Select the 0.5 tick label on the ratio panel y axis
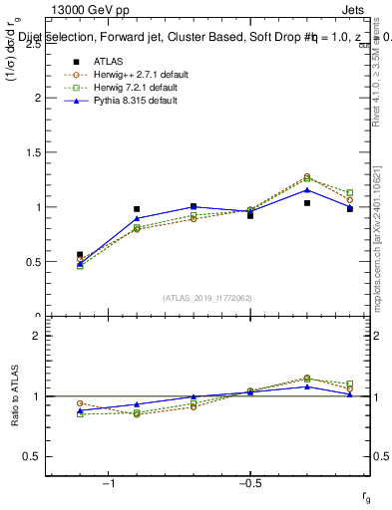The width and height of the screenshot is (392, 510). coord(32,456)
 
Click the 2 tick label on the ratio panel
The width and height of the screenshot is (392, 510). coord(36,336)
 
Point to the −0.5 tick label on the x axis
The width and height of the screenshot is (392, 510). coord(249,484)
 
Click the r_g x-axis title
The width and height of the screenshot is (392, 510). coord(366,495)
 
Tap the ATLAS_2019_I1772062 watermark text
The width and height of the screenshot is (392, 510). coord(207,297)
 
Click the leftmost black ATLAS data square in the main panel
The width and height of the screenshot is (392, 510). coord(80,255)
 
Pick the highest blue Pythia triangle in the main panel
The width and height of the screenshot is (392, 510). coord(307,189)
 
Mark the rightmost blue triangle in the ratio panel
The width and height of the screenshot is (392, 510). coord(350,394)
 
